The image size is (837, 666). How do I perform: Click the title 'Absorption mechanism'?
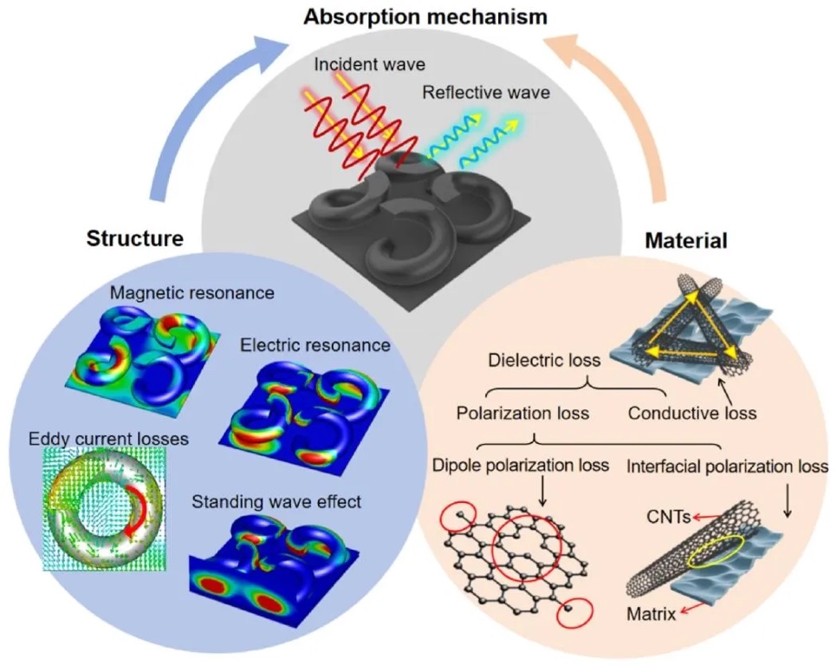tap(418, 15)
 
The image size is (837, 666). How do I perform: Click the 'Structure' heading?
tap(135, 238)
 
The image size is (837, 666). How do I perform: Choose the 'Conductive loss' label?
tap(691, 413)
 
